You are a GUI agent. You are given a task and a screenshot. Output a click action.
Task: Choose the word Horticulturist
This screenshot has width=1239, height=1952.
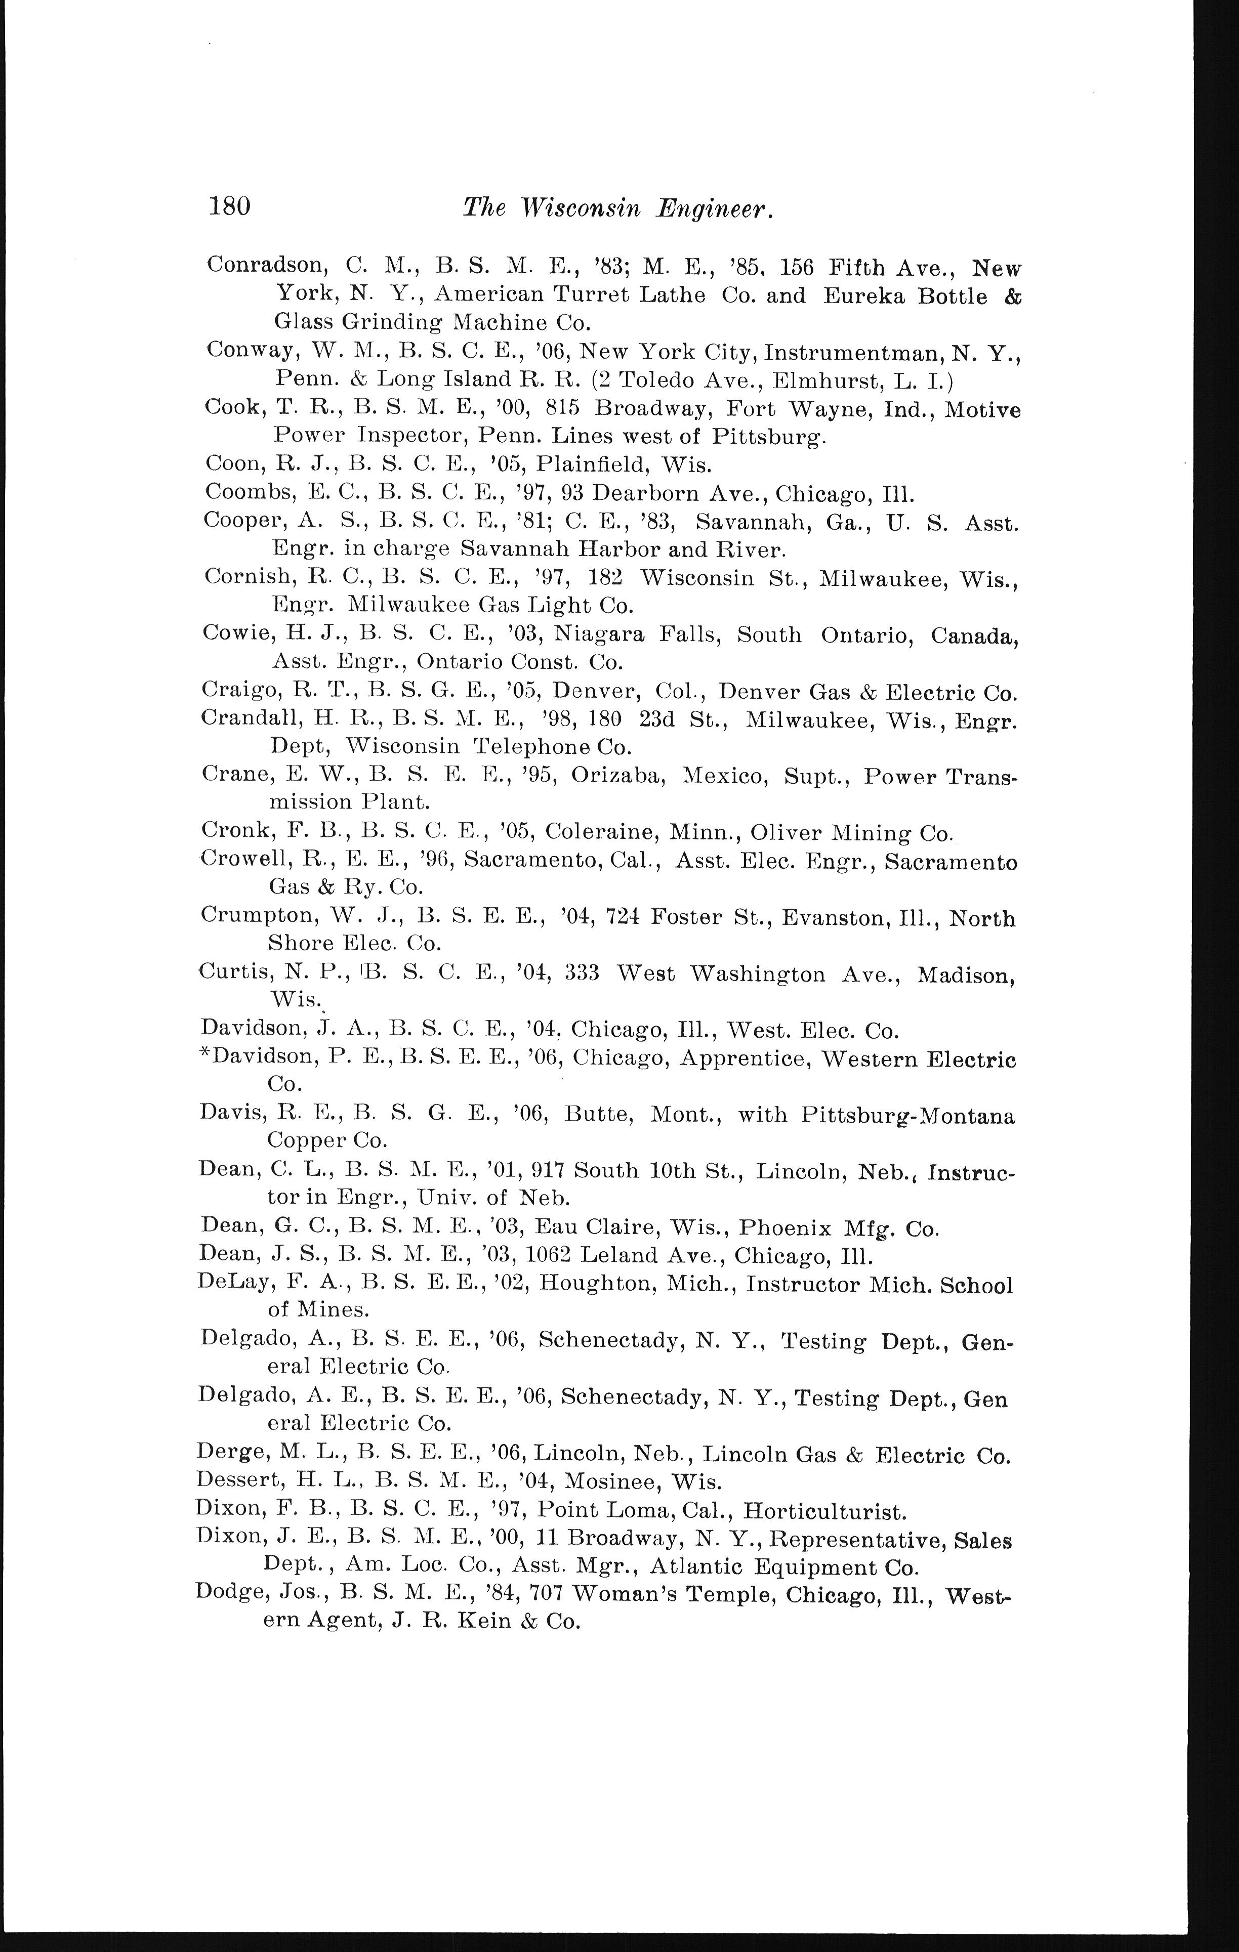[824, 1512]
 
